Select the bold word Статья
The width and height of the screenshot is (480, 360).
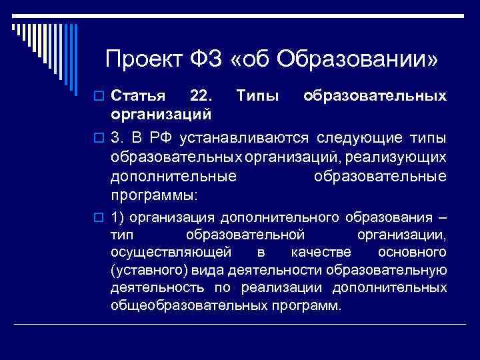pos(138,97)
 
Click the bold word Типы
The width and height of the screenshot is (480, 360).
pos(258,97)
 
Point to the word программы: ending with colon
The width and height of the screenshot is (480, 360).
pos(155,197)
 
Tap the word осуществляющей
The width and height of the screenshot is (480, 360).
pos(171,253)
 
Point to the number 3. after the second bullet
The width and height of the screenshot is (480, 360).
pos(117,138)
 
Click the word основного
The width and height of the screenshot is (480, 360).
pos(412,253)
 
